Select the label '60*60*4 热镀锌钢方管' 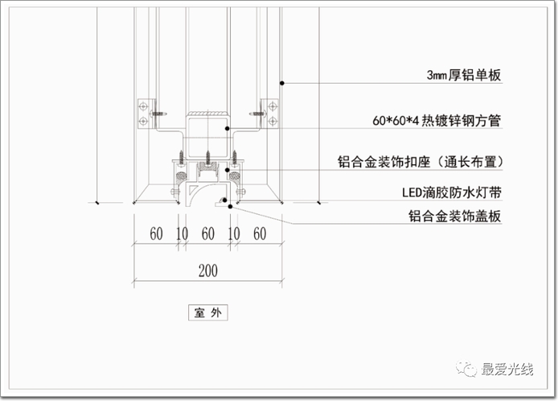[x=437, y=121]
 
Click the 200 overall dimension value [x=207, y=271]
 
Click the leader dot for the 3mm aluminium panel [x=282, y=82]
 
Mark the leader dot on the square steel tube [x=228, y=128]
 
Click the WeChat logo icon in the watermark [x=466, y=369]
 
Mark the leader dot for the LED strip [x=238, y=193]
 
